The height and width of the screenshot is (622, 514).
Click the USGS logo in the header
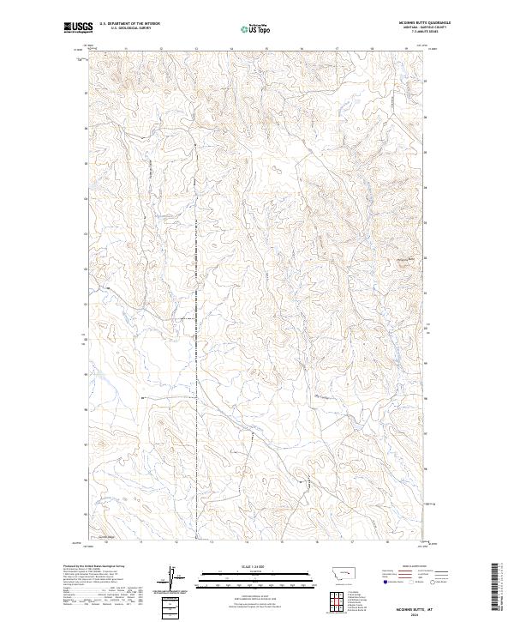pos(78,28)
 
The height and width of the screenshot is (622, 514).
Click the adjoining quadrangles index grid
pos(337,598)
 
